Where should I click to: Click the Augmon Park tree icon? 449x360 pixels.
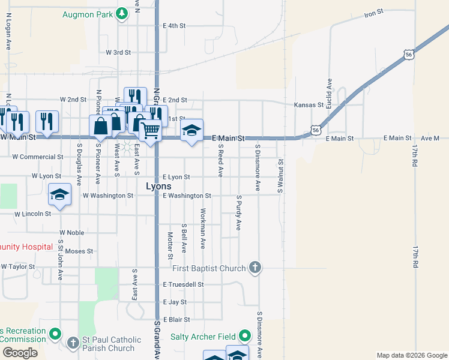click(122, 13)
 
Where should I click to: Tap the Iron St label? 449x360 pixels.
click(373, 13)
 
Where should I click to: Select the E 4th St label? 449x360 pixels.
click(175, 26)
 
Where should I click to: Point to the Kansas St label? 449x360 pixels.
click(309, 104)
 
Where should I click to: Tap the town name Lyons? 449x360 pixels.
click(158, 187)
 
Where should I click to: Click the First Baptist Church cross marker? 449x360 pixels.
click(255, 268)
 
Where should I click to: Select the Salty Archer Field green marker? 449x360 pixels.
click(245, 336)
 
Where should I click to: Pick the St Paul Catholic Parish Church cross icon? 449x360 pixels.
click(73, 343)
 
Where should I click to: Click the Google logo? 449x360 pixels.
click(20, 353)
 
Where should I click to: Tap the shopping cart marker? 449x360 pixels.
click(151, 128)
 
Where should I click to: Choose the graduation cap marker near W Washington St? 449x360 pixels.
click(60, 194)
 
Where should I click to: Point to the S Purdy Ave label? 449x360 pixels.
click(238, 213)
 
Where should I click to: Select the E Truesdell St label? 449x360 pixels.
click(183, 284)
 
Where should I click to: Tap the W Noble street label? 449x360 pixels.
click(72, 232)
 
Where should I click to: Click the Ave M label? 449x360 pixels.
click(430, 138)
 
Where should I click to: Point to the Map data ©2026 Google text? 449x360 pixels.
click(411, 355)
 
